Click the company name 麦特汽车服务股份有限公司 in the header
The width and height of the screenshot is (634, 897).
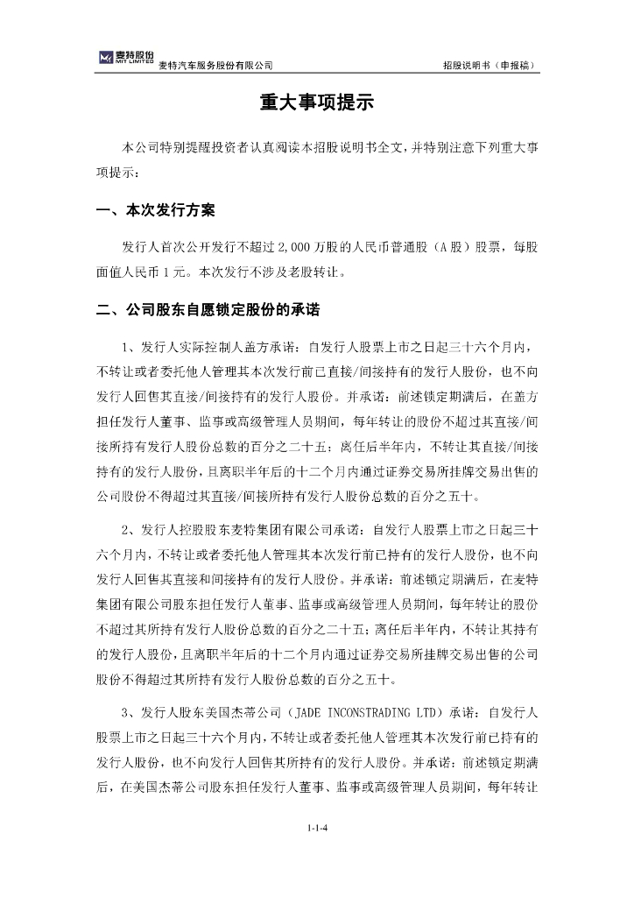tap(215, 66)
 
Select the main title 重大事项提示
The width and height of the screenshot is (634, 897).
tap(316, 103)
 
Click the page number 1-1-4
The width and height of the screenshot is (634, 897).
tap(316, 826)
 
